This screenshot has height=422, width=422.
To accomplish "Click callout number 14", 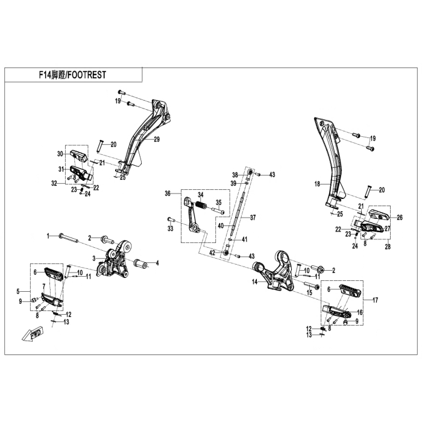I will [255, 282].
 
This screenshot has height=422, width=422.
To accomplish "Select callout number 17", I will [375, 300].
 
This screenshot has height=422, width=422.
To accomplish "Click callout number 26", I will [400, 217].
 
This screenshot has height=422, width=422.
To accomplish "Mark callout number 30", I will [60, 153].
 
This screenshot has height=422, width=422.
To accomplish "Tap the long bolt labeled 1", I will [69, 237].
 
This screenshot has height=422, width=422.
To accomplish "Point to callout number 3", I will [94, 258].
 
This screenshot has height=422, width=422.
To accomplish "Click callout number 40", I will [221, 225].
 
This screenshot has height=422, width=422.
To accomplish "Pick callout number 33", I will [170, 229].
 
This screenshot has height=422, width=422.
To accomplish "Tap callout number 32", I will [54, 183].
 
